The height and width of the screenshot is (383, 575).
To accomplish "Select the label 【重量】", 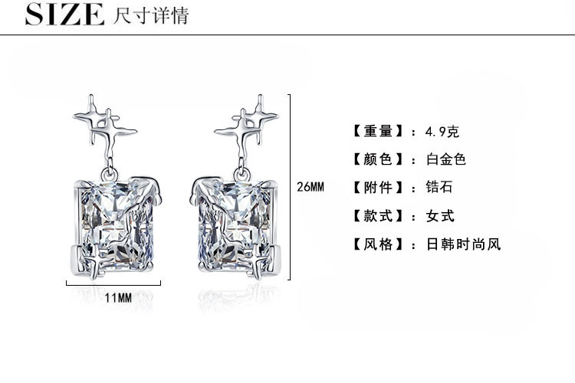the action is point(376,131).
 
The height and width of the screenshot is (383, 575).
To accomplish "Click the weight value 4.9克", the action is point(442,131).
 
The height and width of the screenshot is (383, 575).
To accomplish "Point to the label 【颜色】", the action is point(376,159).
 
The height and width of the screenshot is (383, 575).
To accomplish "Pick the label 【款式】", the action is point(376,216).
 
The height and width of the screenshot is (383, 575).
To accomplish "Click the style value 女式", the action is point(439,216).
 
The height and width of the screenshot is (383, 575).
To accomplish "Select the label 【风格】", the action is point(376,244).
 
